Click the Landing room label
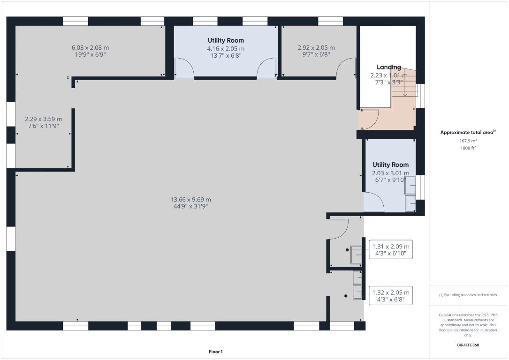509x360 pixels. [x=389, y=67]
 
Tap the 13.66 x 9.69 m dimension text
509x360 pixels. [x=190, y=200]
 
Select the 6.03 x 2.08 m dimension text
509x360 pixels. [x=90, y=48]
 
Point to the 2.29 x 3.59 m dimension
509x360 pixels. [x=43, y=119]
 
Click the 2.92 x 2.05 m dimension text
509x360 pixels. [x=316, y=48]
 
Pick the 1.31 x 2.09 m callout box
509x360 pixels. [x=391, y=250]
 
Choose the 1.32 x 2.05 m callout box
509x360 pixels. [x=391, y=296]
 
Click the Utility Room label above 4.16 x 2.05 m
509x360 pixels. [x=226, y=40]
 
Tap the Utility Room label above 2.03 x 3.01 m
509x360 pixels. [x=390, y=165]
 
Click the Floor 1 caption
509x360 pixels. [x=215, y=352]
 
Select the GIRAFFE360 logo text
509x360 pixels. [x=468, y=345]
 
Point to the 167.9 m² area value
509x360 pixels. [x=468, y=141]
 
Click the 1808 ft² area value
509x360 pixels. [x=468, y=148]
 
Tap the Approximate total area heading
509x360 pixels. [x=468, y=132]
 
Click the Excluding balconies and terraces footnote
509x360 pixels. [x=468, y=295]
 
